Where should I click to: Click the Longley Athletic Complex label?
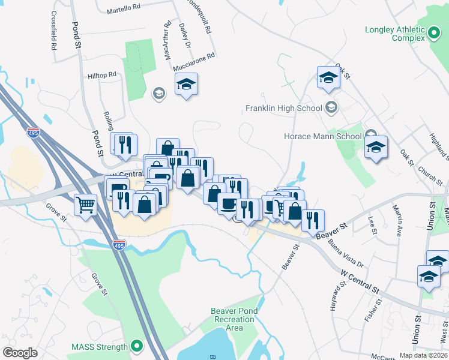(395, 34)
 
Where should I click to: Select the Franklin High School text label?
(284, 109)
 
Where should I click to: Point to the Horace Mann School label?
(322, 136)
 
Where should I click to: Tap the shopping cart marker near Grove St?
(85, 204)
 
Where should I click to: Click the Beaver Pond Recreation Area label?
(227, 319)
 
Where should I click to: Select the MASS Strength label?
(100, 347)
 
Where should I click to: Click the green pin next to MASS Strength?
(137, 346)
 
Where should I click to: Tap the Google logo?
(20, 353)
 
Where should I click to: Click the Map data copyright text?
(421, 355)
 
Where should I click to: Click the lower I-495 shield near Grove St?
(119, 245)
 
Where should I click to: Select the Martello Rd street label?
(123, 11)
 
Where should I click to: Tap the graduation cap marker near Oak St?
(328, 78)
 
